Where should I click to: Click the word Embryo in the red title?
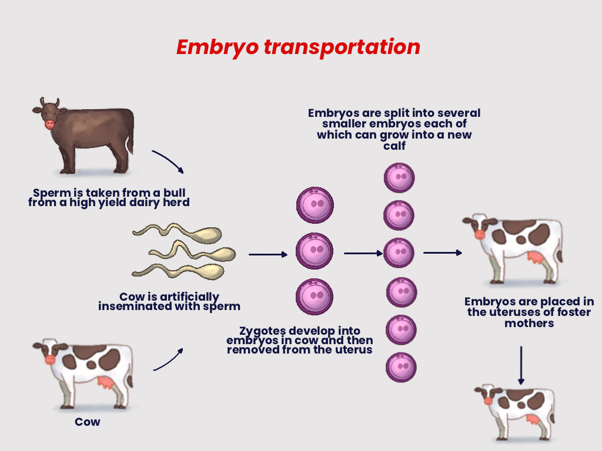pyautogui.click(x=217, y=47)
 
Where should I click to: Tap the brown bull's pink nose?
pyautogui.click(x=49, y=124)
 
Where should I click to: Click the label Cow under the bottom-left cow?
pyautogui.click(x=88, y=422)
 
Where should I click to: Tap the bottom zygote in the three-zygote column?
pyautogui.click(x=315, y=297)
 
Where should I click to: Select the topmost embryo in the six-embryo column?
pyautogui.click(x=399, y=178)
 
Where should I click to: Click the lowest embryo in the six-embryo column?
pyautogui.click(x=401, y=367)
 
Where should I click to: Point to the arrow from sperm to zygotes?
pyautogui.click(x=268, y=255)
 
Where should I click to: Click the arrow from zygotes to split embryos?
pyautogui.click(x=363, y=254)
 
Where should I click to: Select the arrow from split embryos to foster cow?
pyautogui.click(x=443, y=253)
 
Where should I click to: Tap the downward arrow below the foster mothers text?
pyautogui.click(x=521, y=365)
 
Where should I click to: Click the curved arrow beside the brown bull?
pyautogui.click(x=169, y=161)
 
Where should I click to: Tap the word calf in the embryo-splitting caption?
pyautogui.click(x=394, y=145)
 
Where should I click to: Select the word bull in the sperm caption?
pyautogui.click(x=177, y=193)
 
